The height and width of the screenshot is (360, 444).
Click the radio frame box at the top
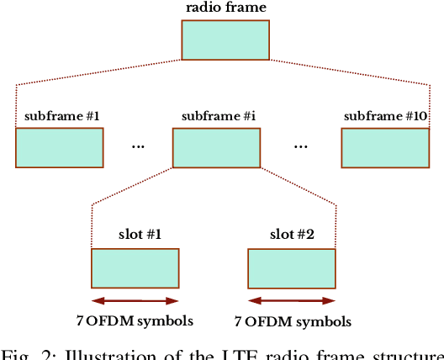(225, 40)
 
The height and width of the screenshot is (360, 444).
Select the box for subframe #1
(59, 148)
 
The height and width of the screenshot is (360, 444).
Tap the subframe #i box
(215, 148)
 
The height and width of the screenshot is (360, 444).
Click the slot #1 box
(135, 268)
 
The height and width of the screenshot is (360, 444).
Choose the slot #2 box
(292, 269)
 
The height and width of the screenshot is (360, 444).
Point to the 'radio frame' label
(225, 8)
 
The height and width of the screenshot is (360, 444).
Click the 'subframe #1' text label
(59, 115)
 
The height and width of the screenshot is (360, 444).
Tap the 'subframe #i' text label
(216, 115)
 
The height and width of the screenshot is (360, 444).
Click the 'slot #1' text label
(135, 236)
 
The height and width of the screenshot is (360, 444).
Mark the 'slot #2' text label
(292, 236)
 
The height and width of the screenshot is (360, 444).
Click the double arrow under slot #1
(135, 300)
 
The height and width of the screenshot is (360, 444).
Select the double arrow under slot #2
(292, 300)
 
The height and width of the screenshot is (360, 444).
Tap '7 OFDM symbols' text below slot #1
(135, 320)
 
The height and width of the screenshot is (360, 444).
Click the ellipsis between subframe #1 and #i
(138, 146)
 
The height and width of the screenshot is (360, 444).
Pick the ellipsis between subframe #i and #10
(301, 146)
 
